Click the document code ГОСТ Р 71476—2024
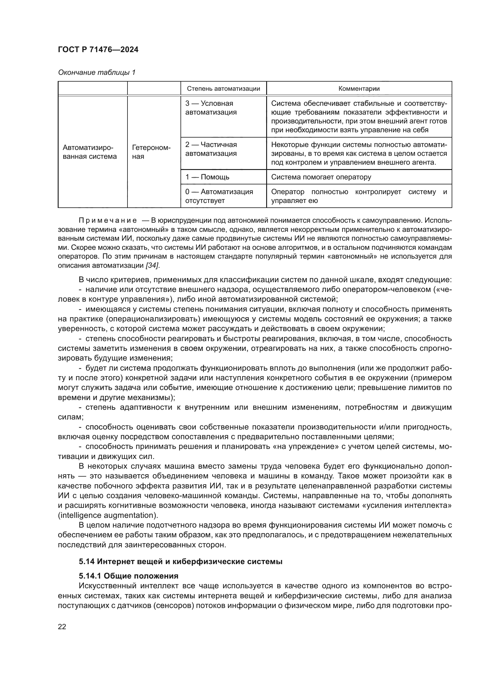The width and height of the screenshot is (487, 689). click(x=98, y=50)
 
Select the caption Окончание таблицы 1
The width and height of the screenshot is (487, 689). click(x=97, y=72)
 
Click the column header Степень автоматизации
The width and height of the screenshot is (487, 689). click(x=223, y=89)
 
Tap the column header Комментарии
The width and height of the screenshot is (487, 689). click(x=359, y=89)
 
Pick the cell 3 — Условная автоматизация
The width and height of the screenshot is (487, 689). click(x=211, y=108)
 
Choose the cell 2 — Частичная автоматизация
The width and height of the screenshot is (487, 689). click(x=211, y=149)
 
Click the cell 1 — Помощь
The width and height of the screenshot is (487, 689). click(x=207, y=177)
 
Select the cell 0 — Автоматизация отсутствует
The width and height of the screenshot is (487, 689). click(x=219, y=196)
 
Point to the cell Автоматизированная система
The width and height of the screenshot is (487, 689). click(x=90, y=152)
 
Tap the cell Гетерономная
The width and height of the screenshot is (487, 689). click(x=151, y=152)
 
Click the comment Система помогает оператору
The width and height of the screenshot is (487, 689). click(x=321, y=177)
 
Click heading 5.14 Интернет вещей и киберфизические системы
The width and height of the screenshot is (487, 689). click(x=180, y=561)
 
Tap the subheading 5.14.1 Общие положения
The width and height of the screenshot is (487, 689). click(x=128, y=576)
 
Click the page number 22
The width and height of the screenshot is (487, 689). click(x=62, y=627)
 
